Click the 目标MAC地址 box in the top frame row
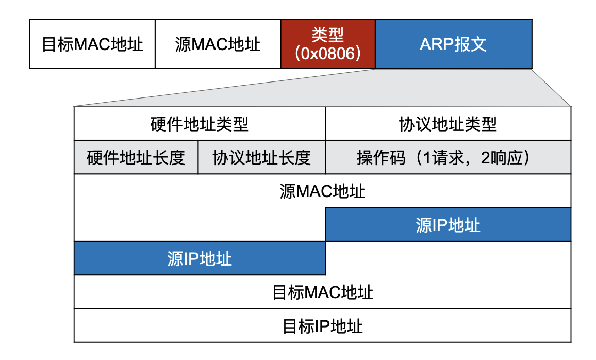pyautogui.click(x=92, y=44)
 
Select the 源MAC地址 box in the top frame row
pyautogui.click(x=218, y=44)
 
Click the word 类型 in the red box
pyautogui.click(x=328, y=35)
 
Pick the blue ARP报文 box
pyautogui.click(x=453, y=44)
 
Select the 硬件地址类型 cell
pyautogui.click(x=200, y=124)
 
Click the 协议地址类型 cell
pyautogui.click(x=448, y=124)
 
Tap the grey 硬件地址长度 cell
pyautogui.click(x=136, y=157)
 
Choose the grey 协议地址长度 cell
pyautogui.click(x=262, y=157)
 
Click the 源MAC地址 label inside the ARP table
pyautogui.click(x=322, y=191)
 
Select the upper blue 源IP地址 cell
pyautogui.click(x=448, y=225)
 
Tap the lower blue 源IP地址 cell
pyautogui.click(x=200, y=258)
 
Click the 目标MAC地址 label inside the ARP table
pyautogui.click(x=322, y=292)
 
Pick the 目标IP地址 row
pyautogui.click(x=322, y=326)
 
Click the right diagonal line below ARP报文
pyautogui.click(x=552, y=88)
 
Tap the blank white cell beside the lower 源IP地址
pyautogui.click(x=448, y=258)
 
